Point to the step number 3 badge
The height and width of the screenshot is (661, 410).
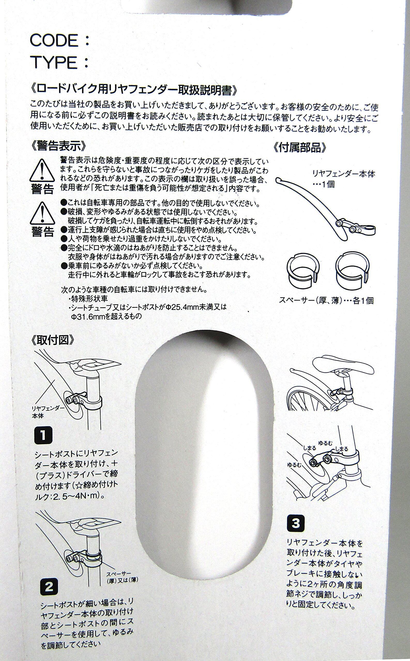coord(295,524)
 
